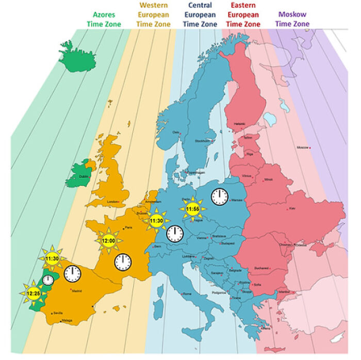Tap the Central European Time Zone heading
point(200,14)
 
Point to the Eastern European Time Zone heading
point(243,14)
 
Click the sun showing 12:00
point(108,240)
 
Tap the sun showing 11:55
point(193,209)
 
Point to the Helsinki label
point(240,124)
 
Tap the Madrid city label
point(76,291)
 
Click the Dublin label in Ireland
point(83,176)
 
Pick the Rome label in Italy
point(180,293)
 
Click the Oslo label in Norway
point(176,132)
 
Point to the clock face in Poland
point(220,196)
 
